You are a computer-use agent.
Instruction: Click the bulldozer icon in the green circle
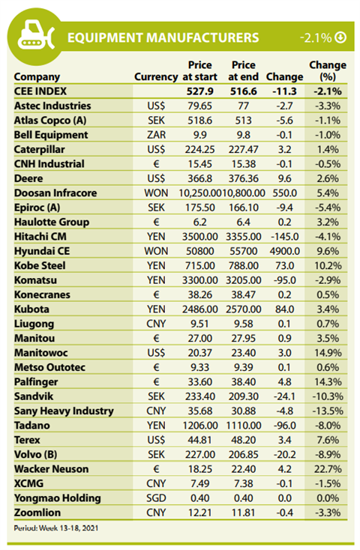click(36, 35)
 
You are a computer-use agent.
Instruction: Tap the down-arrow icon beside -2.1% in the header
click(340, 37)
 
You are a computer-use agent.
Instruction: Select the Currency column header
click(156, 77)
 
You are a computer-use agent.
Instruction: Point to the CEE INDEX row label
click(40, 91)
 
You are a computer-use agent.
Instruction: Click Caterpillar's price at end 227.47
click(244, 149)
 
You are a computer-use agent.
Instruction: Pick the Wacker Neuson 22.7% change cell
click(328, 469)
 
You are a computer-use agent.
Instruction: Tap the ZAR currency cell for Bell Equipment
click(156, 135)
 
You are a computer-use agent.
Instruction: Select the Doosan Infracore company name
click(55, 193)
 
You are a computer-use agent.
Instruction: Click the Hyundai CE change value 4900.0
click(285, 251)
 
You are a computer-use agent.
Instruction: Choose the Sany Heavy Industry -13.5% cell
click(328, 411)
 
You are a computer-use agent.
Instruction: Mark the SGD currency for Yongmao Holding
click(156, 498)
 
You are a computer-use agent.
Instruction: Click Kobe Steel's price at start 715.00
click(199, 265)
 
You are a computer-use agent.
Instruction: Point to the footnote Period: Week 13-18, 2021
click(56, 528)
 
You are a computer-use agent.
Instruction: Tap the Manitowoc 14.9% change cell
click(328, 353)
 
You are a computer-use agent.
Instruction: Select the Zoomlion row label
click(37, 513)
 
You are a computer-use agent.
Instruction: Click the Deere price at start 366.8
click(199, 178)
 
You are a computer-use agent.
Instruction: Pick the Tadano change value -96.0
click(285, 426)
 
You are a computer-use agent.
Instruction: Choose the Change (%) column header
click(328, 71)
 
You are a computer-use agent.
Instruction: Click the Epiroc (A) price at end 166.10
click(244, 208)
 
